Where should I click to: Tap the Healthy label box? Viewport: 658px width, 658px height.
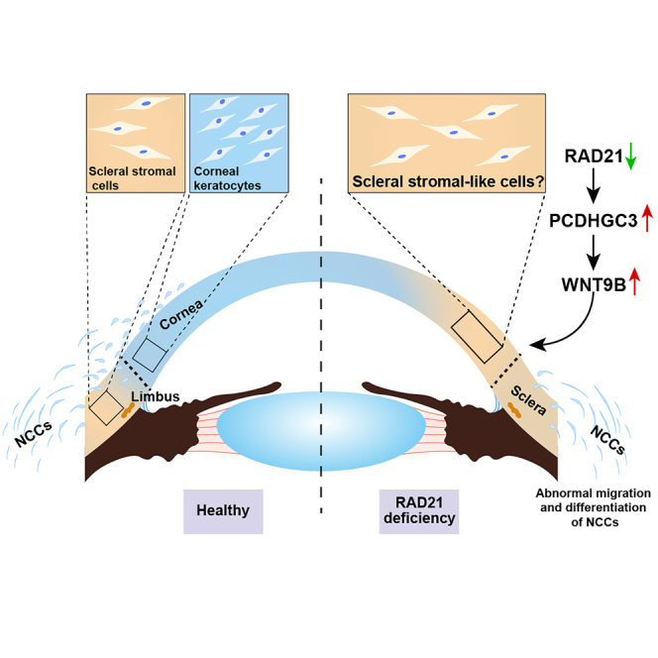pos(223,511)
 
